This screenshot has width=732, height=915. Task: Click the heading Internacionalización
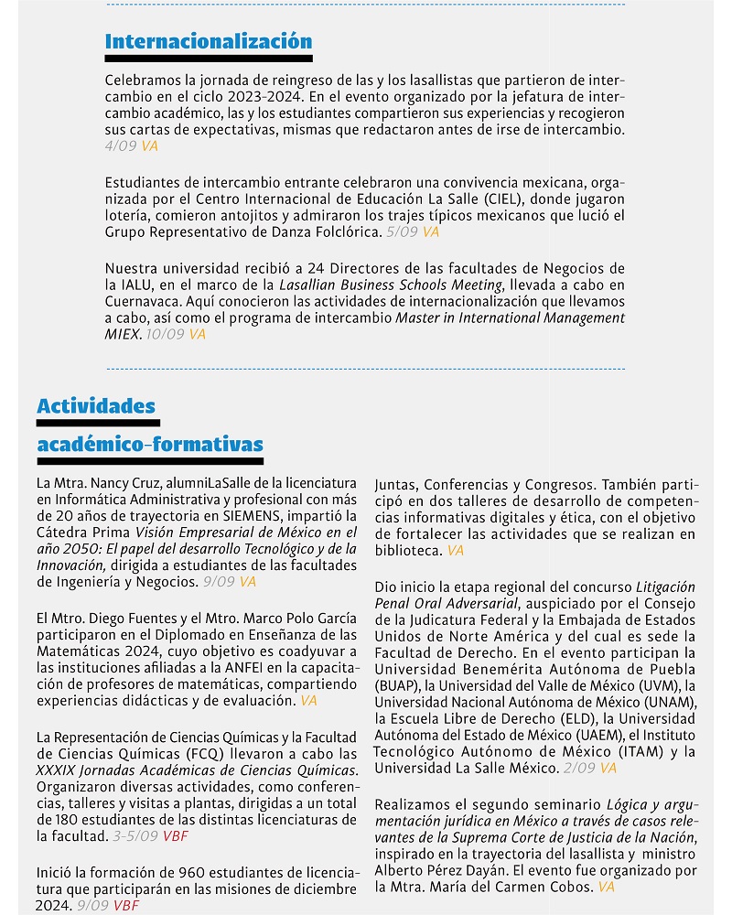[209, 41]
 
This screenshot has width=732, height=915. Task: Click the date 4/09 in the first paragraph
[121, 145]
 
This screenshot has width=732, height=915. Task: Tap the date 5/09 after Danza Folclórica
[403, 232]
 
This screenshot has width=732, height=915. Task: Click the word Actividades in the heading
[96, 406]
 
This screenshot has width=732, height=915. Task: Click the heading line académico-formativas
[150, 445]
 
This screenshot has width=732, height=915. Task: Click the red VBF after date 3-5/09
[176, 835]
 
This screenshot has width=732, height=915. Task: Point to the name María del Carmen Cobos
[521, 888]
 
